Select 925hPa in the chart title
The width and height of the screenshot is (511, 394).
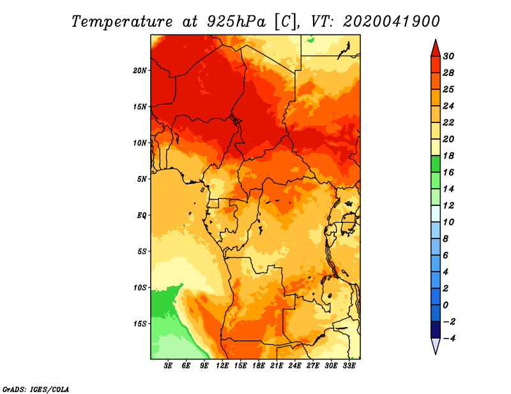pyautogui.click(x=234, y=21)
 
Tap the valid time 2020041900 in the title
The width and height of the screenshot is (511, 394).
pyautogui.click(x=392, y=21)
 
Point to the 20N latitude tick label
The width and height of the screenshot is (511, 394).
pyautogui.click(x=140, y=70)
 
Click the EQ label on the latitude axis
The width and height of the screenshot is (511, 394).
pyautogui.click(x=141, y=215)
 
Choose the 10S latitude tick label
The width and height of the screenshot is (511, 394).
pyautogui.click(x=140, y=288)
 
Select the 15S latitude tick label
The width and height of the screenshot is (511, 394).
pyautogui.click(x=140, y=323)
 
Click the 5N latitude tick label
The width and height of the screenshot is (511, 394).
pyautogui.click(x=142, y=179)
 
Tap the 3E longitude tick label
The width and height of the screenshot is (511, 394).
pyautogui.click(x=169, y=366)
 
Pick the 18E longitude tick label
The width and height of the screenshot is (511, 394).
pyautogui.click(x=259, y=366)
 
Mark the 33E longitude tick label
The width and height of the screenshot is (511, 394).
pyautogui.click(x=349, y=366)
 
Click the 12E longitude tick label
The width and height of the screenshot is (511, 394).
pyautogui.click(x=223, y=366)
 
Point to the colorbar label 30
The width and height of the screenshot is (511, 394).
pyautogui.click(x=448, y=56)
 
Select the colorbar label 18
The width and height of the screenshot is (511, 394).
pyautogui.click(x=448, y=156)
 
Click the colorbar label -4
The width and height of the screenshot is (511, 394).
pyautogui.click(x=448, y=338)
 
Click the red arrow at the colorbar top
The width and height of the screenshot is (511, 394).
pyautogui.click(x=434, y=48)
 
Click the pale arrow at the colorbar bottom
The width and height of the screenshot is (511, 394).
pyautogui.click(x=434, y=346)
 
